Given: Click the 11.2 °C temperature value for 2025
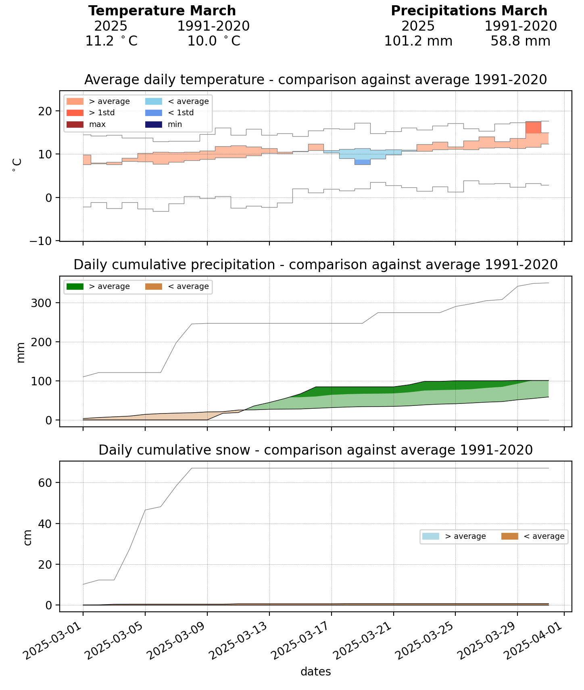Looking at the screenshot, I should click(x=111, y=41).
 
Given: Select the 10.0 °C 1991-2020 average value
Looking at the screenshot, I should click(x=214, y=41).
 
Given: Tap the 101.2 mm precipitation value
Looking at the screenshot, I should click(x=418, y=41).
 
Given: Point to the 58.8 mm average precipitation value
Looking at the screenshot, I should click(x=520, y=41).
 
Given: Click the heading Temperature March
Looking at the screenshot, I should click(x=162, y=11).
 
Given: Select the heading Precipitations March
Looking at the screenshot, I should click(x=469, y=11).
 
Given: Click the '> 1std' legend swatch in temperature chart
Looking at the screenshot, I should click(x=75, y=113).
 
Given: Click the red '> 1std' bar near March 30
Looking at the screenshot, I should click(x=533, y=127).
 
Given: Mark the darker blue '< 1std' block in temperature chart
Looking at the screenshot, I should click(x=362, y=162).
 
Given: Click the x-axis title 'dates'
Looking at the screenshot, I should click(x=316, y=671).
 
